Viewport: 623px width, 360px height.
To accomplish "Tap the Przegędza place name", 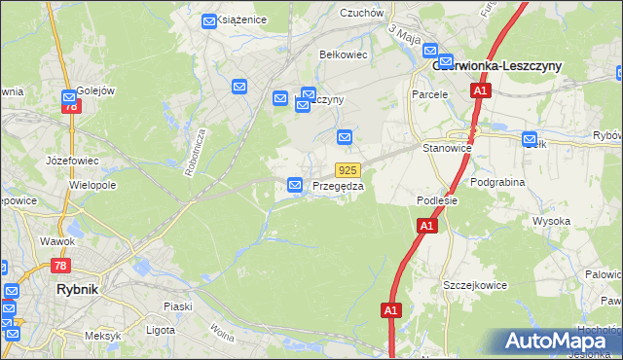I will click(x=338, y=186).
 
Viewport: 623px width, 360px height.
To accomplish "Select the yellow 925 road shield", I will click(x=349, y=169).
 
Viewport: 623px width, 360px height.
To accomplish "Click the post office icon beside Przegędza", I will click(x=295, y=184).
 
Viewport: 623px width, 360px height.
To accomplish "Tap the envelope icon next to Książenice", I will click(x=209, y=20).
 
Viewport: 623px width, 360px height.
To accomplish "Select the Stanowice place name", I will click(x=447, y=149).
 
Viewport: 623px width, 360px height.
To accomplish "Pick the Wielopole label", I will click(x=92, y=183).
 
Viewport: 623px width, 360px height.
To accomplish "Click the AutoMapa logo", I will click(x=560, y=341).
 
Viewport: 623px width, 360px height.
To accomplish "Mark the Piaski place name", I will click(x=177, y=306).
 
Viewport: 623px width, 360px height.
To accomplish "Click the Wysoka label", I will click(x=551, y=221).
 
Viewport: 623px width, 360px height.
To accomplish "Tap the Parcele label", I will click(x=429, y=94).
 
